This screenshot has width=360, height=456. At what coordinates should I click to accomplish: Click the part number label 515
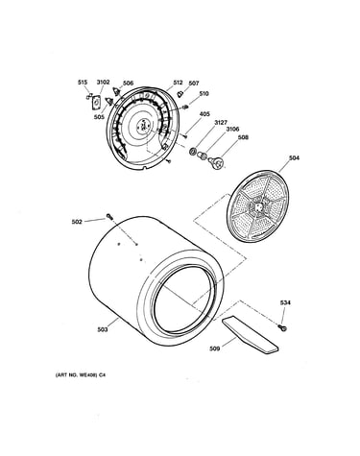pos(83,83)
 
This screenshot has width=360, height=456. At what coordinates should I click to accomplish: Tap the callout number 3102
pos(103,83)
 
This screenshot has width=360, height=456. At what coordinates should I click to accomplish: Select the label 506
pos(128,84)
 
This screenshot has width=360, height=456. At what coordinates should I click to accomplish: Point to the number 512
pos(178,83)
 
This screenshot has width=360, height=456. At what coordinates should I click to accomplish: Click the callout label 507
pos(194,84)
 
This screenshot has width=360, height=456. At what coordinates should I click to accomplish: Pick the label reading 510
pos(204,94)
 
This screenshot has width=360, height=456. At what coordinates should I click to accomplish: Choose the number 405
pos(204,114)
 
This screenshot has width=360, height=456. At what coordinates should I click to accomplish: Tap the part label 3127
pos(221,123)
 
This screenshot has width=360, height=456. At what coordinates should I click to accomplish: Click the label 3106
pos(232,130)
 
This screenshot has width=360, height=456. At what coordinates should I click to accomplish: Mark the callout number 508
pos(243,137)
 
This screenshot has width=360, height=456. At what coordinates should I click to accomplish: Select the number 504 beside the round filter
pos(295,158)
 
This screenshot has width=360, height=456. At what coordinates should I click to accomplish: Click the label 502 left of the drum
pos(77,222)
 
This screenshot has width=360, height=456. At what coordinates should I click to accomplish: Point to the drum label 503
pos(103,330)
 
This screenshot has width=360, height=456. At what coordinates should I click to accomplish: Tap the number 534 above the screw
pos(285,302)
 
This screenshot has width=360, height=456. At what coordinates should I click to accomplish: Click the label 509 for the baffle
pos(214,348)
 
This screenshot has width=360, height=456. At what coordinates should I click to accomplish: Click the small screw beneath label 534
pos(282,327)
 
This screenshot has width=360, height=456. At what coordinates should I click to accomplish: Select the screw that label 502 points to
pos(109,217)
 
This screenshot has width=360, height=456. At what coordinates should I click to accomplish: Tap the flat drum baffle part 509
pos(250,335)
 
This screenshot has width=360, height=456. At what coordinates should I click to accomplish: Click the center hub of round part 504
pos(259,206)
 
